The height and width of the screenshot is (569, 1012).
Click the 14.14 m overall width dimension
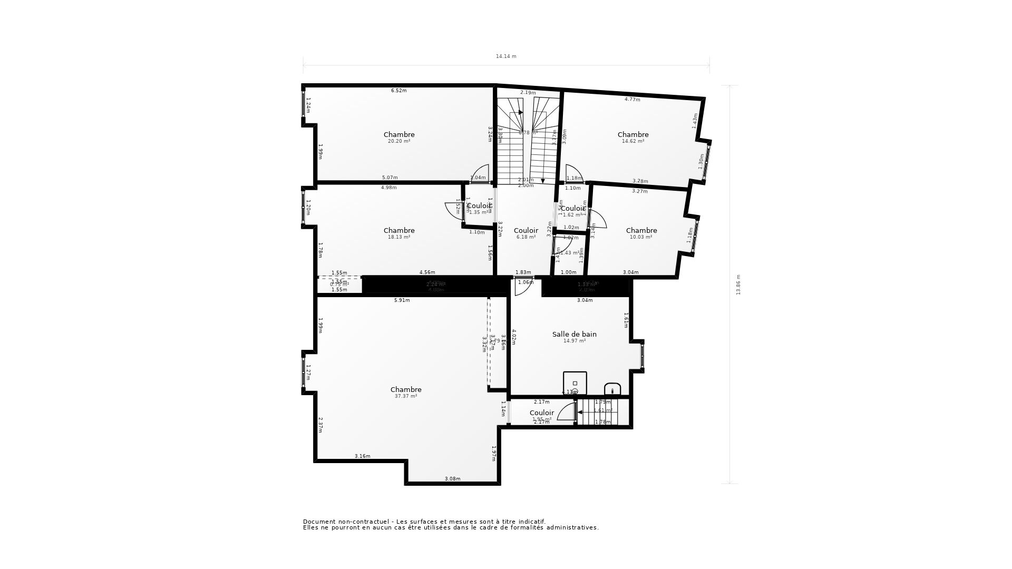click(506, 56)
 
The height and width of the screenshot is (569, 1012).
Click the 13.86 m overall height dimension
click(738, 284)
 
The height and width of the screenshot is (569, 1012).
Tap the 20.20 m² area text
click(399, 141)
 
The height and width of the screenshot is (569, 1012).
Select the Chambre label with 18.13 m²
click(399, 230)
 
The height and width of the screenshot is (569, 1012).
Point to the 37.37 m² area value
click(406, 396)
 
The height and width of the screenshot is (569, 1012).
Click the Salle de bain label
click(575, 334)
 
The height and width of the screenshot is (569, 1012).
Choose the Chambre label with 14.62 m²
click(633, 134)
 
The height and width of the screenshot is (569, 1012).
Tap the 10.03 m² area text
click(641, 237)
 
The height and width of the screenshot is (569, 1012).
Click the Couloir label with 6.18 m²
click(526, 230)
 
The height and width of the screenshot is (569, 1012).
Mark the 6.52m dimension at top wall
click(398, 91)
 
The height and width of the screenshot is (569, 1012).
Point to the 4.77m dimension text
click(632, 100)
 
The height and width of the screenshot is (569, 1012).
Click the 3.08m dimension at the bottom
click(452, 479)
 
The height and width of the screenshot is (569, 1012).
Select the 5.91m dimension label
click(402, 300)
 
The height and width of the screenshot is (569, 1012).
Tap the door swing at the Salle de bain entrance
click(525, 287)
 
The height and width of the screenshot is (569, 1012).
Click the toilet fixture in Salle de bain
click(612, 389)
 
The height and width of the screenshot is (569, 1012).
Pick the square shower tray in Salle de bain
click(575, 383)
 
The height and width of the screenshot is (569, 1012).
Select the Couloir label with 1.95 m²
click(542, 413)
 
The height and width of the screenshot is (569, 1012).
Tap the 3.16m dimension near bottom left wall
click(362, 456)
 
